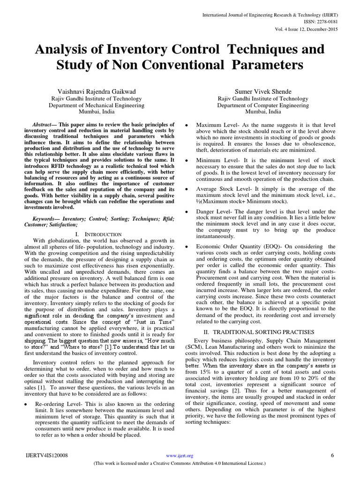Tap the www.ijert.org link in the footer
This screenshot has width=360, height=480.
(180, 455)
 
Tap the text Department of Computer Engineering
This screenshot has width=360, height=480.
(249, 105)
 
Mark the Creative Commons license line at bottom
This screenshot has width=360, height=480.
(180, 464)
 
